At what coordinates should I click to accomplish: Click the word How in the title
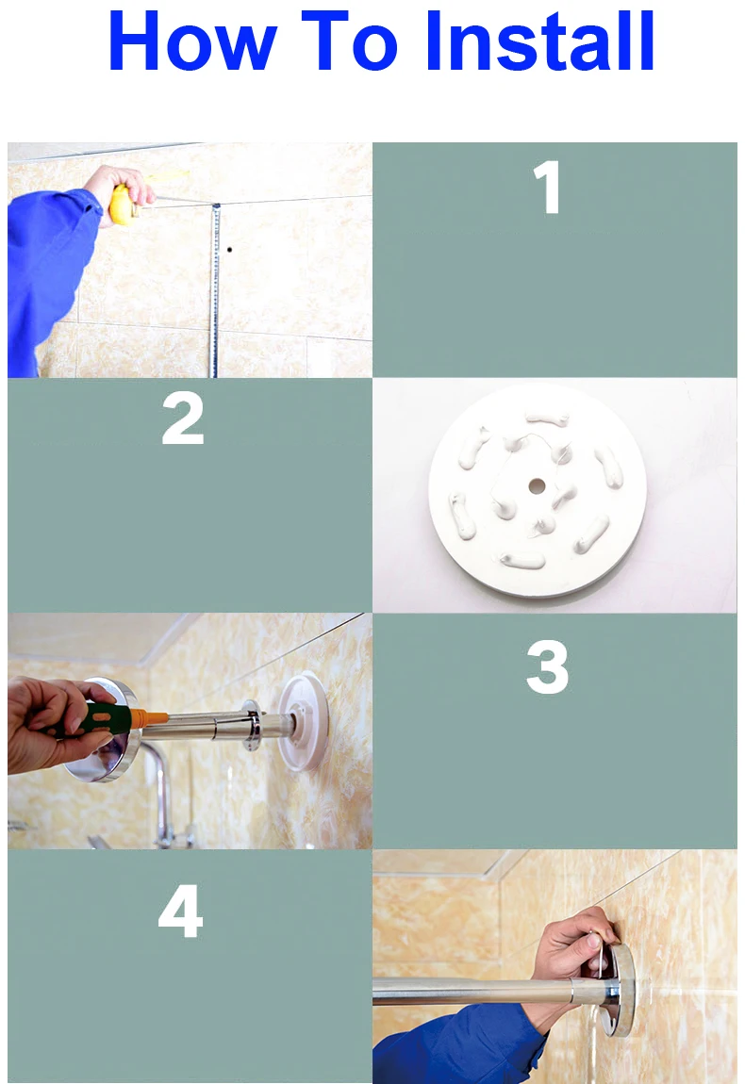pos(192,41)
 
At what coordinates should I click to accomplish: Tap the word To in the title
pos(350,41)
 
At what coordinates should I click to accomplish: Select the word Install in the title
pos(540,41)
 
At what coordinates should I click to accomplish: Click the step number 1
pos(547,187)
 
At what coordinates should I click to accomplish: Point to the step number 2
pos(183,419)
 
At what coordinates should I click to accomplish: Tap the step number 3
pos(547,666)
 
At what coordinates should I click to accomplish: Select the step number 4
pos(180,912)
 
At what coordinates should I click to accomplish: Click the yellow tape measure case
pos(124,205)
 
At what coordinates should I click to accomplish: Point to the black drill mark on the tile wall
pos(229,250)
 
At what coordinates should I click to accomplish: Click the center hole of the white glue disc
pos(537,486)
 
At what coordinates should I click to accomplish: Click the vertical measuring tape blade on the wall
pos(215,290)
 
